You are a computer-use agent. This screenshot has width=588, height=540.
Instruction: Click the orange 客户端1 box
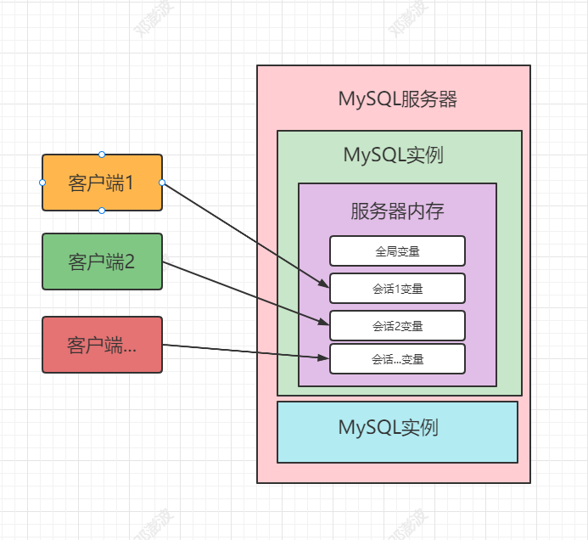click(102, 183)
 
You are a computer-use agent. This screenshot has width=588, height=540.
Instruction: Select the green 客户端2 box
click(102, 262)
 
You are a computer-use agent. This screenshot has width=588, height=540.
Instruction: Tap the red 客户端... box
click(102, 345)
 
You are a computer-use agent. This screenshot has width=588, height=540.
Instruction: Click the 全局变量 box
click(397, 251)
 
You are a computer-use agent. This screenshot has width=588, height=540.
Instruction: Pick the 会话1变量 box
click(397, 289)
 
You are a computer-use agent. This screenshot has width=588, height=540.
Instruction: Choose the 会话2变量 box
click(397, 326)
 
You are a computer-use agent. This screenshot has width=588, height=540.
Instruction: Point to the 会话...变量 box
click(397, 359)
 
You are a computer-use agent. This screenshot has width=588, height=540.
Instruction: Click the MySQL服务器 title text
click(397, 99)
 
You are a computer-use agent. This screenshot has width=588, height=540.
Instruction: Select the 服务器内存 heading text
click(397, 211)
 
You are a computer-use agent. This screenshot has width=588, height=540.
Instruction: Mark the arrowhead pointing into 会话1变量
click(323, 285)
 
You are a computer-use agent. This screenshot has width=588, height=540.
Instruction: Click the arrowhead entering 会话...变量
click(323, 358)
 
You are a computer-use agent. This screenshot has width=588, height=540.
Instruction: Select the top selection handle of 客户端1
click(102, 155)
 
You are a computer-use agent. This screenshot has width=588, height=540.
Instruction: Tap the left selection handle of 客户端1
click(42, 183)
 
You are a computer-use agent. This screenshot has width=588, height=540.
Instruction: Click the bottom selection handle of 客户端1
click(102, 210)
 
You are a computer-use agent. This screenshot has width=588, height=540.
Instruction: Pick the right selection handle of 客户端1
click(162, 183)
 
